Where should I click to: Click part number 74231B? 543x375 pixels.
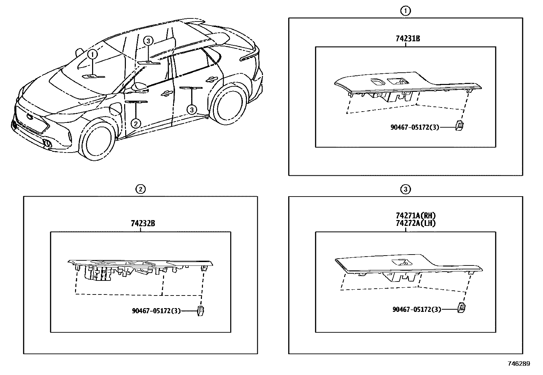click(x=408, y=39)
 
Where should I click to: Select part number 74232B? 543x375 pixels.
click(x=143, y=223)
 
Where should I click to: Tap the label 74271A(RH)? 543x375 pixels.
click(x=416, y=216)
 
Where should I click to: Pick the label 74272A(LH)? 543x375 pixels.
click(x=415, y=223)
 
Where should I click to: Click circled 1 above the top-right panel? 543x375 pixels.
click(x=405, y=11)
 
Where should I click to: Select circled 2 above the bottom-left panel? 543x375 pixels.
click(x=140, y=189)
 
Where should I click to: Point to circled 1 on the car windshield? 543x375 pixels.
click(x=92, y=54)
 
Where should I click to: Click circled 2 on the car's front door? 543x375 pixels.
click(x=136, y=123)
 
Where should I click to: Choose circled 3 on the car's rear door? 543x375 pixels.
click(x=192, y=110)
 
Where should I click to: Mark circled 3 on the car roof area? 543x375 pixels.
click(x=148, y=41)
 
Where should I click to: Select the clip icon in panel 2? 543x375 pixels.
click(x=201, y=311)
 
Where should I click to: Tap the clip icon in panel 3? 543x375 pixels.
click(x=462, y=308)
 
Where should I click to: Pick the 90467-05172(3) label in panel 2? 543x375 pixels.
click(x=156, y=311)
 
